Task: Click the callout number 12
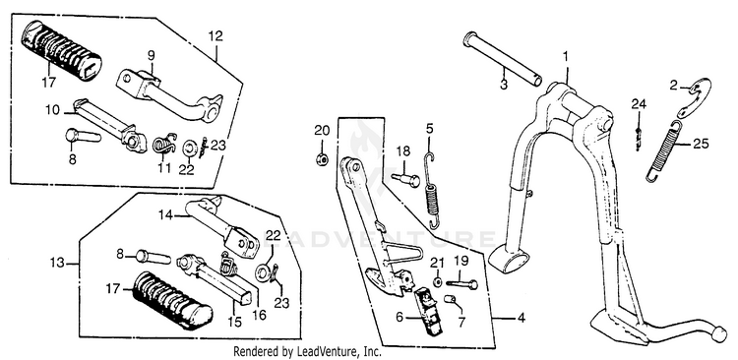click(x=215, y=35)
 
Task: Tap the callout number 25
click(x=701, y=144)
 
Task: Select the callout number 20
click(x=321, y=131)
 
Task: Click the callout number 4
click(x=521, y=318)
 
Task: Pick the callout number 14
click(x=165, y=215)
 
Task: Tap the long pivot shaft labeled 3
click(x=503, y=59)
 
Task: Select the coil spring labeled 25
click(x=665, y=150)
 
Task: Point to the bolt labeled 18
click(x=405, y=179)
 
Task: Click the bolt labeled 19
click(x=462, y=283)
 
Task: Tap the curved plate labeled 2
click(x=695, y=97)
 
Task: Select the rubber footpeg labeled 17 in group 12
click(x=62, y=50)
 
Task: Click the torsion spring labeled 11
click(x=164, y=144)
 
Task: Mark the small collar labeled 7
click(x=450, y=299)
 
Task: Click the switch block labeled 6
click(x=428, y=312)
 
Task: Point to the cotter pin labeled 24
click(x=637, y=138)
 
